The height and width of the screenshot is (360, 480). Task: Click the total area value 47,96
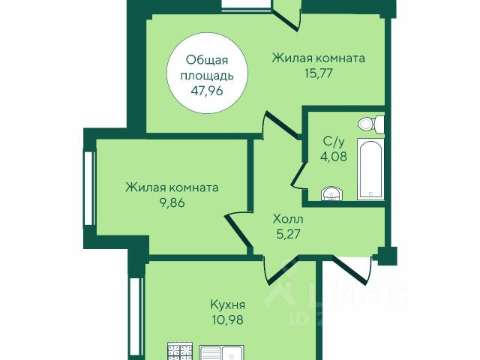pyautogui.click(x=207, y=91)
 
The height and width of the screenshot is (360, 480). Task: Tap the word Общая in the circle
pyautogui.click(x=207, y=60)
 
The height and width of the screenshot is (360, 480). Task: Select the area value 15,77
pyautogui.click(x=318, y=73)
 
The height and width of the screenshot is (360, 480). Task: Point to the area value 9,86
pyautogui.click(x=172, y=203)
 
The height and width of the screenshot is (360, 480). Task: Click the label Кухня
pyautogui.click(x=228, y=305)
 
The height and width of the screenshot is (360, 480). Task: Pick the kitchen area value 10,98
pyautogui.click(x=228, y=320)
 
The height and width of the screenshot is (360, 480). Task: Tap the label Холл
pyautogui.click(x=288, y=219)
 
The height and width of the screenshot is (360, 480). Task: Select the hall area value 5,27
pyautogui.click(x=288, y=234)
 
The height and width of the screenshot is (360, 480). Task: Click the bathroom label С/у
pyautogui.click(x=334, y=142)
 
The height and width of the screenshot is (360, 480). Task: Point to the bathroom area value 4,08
pyautogui.click(x=334, y=157)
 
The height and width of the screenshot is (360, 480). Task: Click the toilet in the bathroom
pyautogui.click(x=371, y=124)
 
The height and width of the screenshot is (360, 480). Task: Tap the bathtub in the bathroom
pyautogui.click(x=370, y=169)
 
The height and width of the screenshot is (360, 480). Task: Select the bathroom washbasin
pyautogui.click(x=332, y=193)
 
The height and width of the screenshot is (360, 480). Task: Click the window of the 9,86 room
pyautogui.click(x=88, y=188)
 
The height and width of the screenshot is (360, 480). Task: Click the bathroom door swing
pyautogui.click(x=298, y=175)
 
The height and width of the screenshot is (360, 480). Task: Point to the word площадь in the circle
pyautogui.click(x=207, y=76)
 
